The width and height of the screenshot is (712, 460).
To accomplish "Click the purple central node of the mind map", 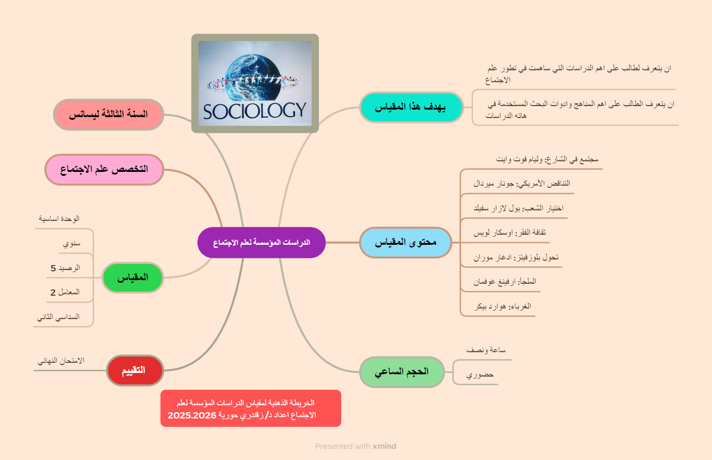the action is coord(261,242).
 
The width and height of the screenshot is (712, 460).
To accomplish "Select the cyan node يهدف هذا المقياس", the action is coord(411,107).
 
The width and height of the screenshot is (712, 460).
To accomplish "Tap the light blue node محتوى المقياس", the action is coord(405,242).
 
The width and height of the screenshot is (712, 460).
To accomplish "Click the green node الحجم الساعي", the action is coord(402,372).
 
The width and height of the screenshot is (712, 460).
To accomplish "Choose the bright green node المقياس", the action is coord(133,278).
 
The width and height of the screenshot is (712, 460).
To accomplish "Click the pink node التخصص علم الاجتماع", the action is coord(104,169).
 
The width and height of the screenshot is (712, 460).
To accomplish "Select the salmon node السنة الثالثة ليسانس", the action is coord(108,114).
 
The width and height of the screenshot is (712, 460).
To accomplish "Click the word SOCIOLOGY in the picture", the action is coord(254,111).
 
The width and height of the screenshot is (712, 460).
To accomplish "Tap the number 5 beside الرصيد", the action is coord(53,268).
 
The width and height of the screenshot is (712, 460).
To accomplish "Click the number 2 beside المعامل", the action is coord(53,293).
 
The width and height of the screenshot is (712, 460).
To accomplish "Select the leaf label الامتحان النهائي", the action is coord(61,361).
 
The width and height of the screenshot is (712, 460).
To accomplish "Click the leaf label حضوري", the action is coord(480,375).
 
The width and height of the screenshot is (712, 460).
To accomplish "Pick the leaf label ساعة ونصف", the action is coord(486,350).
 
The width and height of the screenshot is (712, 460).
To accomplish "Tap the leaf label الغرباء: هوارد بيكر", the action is coord(502,307).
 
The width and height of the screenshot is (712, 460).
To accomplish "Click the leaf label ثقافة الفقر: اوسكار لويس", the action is coord(510,232).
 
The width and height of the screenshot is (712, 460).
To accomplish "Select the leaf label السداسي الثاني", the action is coord(58,317).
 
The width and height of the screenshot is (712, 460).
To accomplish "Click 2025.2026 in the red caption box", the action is coord(192,415).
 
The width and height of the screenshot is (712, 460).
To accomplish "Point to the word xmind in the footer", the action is coord(385,446).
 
